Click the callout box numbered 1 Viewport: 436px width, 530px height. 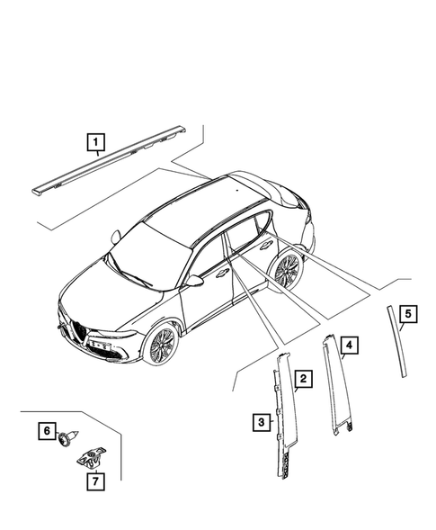[94, 140]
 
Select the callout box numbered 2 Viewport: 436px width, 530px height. [304, 380]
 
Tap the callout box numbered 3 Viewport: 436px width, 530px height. [259, 421]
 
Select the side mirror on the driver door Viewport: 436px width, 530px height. [194, 281]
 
